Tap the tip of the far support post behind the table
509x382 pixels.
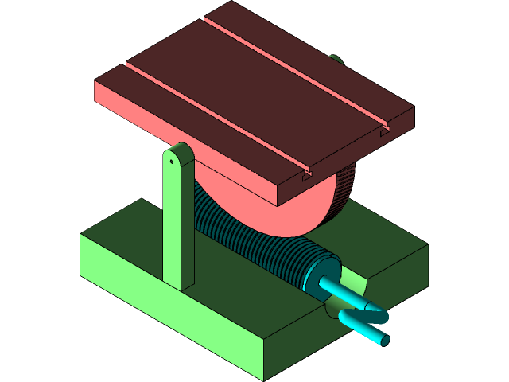click(336, 58)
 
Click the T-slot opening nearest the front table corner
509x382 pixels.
click(306, 177)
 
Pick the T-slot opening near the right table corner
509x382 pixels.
click(384, 130)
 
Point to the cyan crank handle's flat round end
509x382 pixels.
click(384, 340)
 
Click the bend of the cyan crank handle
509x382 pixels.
click(350, 318)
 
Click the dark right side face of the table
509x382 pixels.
click(350, 159)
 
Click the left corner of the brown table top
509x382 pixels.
click(96, 80)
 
